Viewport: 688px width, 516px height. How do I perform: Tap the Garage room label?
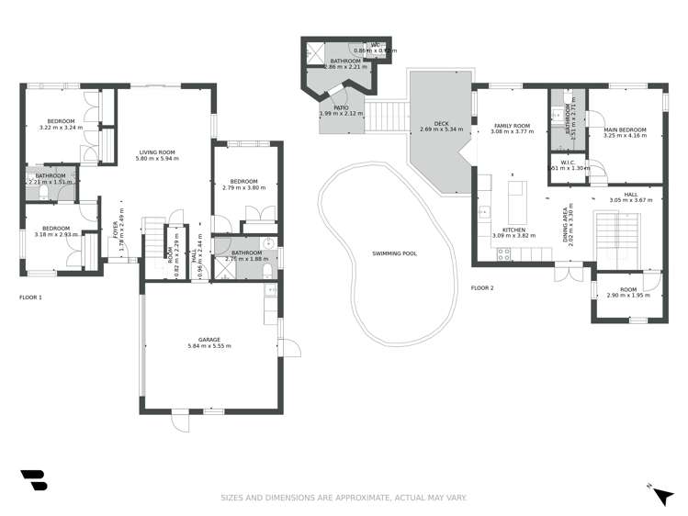209,340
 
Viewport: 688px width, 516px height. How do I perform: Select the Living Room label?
158,152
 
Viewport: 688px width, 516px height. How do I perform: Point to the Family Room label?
513,125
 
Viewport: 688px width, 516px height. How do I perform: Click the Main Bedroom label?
626,129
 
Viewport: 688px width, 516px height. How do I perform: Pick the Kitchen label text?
513,230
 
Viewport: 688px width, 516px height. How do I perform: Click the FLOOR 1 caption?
30,297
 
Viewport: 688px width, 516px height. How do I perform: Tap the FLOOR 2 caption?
482,288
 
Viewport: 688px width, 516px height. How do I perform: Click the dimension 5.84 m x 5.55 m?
209,346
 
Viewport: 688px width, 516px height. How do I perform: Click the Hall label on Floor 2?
630,194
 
